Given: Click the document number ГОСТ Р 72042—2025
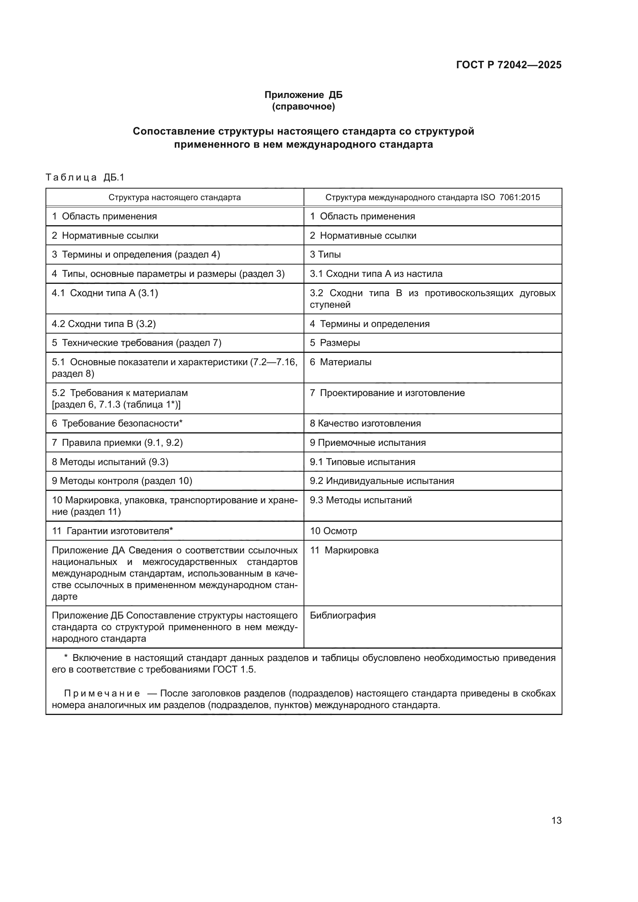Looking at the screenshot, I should (x=509, y=65).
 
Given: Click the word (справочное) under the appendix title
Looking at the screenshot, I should (x=303, y=106).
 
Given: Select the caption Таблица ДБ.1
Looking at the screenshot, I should (x=85, y=177).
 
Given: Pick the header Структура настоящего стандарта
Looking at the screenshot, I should (x=174, y=197).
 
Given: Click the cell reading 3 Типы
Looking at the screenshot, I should (x=325, y=255).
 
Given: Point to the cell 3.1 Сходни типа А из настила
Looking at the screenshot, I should (x=376, y=274).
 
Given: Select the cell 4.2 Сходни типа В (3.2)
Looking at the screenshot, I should (x=104, y=324).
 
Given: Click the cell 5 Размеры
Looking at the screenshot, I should (x=335, y=342).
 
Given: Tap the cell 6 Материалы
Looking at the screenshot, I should (x=340, y=362).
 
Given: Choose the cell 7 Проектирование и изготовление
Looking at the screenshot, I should (x=387, y=393).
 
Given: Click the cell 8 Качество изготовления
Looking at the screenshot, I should (x=365, y=423).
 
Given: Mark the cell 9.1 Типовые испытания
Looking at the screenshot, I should (x=362, y=462).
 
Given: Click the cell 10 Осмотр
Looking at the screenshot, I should (x=333, y=531).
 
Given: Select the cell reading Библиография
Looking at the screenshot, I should (x=343, y=615).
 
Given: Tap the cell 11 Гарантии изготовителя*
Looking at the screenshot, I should (x=112, y=531).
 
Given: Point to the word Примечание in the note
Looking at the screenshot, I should (x=102, y=693).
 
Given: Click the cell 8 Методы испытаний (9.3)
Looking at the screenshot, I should (x=110, y=462).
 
